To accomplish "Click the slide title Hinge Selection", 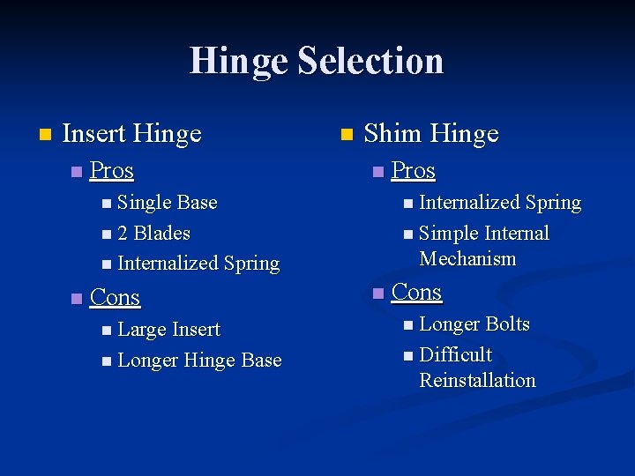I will (x=317, y=61).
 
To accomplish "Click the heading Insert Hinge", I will (x=132, y=134).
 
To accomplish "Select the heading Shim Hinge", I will (x=431, y=134).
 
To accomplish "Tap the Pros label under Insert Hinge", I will (x=112, y=170).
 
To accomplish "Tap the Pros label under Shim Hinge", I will (x=414, y=170).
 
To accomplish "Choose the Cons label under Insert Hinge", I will (x=116, y=298).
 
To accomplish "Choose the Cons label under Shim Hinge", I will (x=416, y=292).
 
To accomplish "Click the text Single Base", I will (x=167, y=203).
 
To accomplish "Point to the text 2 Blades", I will (x=153, y=234).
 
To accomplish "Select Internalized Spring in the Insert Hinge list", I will (x=198, y=264).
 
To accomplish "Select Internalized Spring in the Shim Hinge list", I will (x=500, y=203).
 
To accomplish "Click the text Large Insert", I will (x=168, y=330).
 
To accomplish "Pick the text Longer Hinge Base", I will (x=199, y=361).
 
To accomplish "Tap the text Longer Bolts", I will (x=474, y=324).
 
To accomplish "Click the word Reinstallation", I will (x=478, y=381).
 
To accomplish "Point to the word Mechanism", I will (x=468, y=259).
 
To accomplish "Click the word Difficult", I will (x=456, y=355).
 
